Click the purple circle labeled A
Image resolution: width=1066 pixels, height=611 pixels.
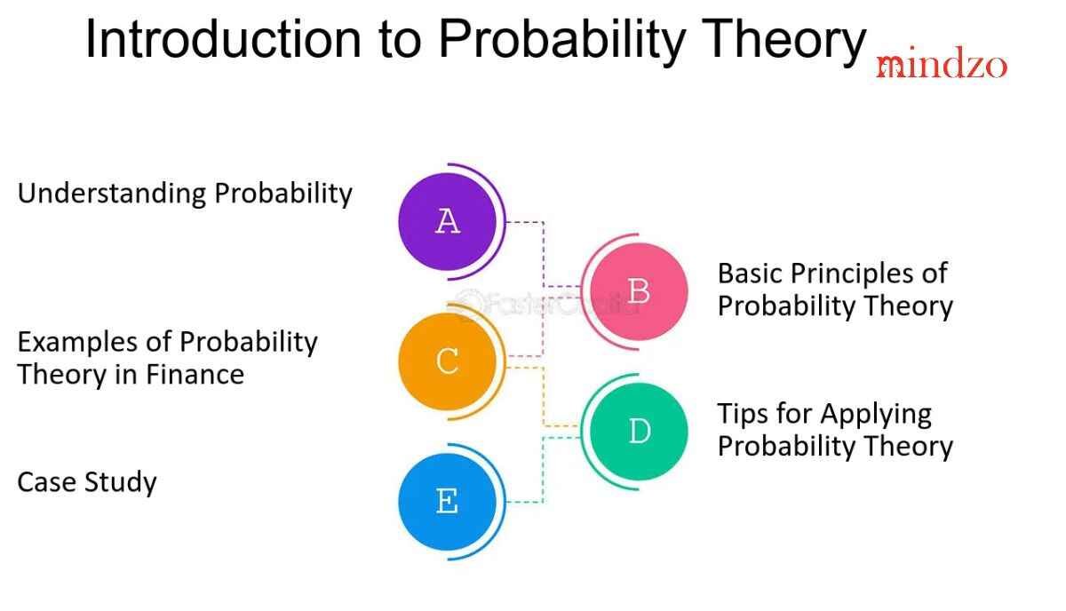click(448, 222)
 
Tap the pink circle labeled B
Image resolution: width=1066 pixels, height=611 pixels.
click(639, 291)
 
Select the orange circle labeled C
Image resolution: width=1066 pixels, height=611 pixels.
click(448, 361)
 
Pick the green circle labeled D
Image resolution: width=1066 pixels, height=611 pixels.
click(639, 432)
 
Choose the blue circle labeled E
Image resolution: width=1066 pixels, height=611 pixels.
click(448, 502)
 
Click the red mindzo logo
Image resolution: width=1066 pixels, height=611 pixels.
click(942, 63)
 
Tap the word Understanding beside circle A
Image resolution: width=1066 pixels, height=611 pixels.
click(112, 194)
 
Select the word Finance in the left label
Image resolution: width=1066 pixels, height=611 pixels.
click(195, 374)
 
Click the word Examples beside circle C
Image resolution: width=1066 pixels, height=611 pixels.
click(77, 343)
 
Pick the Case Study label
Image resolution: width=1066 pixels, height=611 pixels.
click(87, 482)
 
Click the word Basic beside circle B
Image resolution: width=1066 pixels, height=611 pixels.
click(750, 274)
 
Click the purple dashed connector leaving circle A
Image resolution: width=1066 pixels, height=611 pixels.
click(544, 254)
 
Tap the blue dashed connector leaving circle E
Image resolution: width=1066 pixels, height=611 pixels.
click(544, 469)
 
